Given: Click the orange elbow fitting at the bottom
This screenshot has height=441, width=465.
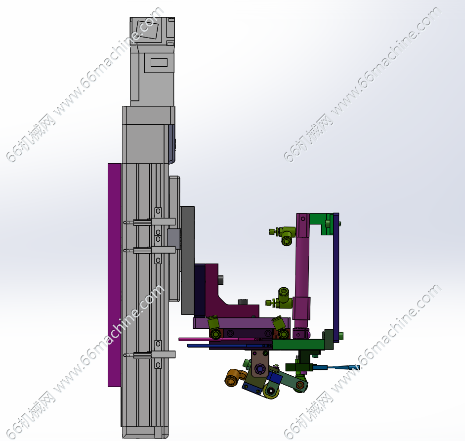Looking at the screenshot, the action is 235,377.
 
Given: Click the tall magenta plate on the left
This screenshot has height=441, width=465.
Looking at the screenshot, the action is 115,275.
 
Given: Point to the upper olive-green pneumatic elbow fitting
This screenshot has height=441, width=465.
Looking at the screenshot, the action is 283,234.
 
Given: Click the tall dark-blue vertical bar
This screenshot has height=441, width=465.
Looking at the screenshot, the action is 336,277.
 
